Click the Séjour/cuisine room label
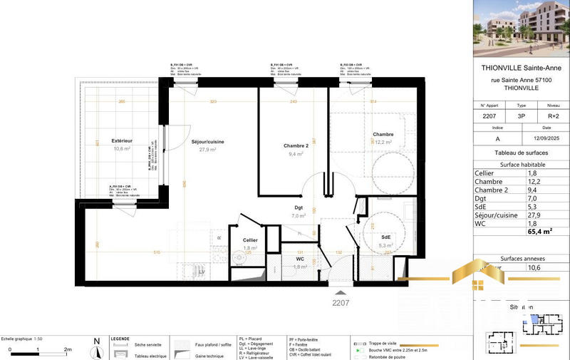pos(207,142)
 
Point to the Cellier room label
pos(249,240)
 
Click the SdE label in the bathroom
pos(385,237)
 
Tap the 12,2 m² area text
pos(383,142)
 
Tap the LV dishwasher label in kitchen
pos(202,272)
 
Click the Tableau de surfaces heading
pos(521,153)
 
